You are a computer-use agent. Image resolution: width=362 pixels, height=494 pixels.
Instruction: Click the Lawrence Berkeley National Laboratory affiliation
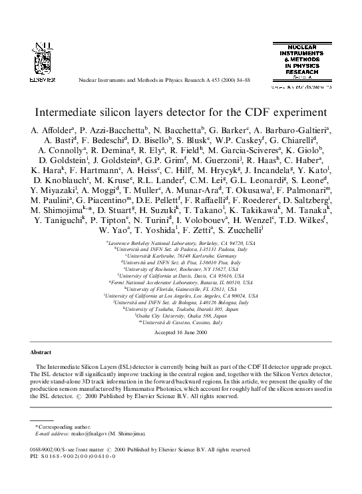181,244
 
